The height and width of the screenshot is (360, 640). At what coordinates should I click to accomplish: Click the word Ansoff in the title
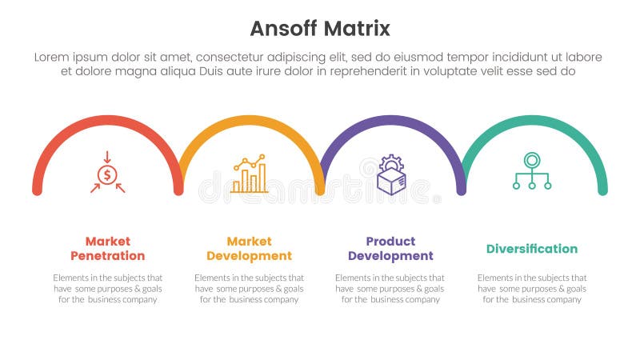pos(284,29)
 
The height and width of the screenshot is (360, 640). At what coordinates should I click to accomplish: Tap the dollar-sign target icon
pos(107,173)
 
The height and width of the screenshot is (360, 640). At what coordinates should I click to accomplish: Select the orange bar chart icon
pos(249,174)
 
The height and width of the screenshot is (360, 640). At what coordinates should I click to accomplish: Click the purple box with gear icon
pos(391,174)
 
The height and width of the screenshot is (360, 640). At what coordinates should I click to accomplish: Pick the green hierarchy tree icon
pos(532,170)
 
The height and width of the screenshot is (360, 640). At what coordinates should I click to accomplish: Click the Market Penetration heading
pos(107,249)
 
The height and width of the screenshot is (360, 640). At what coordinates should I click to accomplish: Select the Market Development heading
pos(249,249)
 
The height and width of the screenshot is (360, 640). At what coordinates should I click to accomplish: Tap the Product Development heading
pos(390,249)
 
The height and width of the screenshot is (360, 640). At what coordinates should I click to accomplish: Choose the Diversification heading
pos(532,249)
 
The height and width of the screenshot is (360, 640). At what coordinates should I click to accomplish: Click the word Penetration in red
pos(107,256)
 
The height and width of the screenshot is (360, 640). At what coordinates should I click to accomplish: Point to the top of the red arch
pos(107,120)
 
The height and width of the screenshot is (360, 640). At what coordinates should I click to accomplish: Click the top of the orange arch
pos(250,120)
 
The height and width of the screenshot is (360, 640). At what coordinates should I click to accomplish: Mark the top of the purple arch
pos(392,120)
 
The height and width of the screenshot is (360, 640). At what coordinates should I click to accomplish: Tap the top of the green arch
pos(534,120)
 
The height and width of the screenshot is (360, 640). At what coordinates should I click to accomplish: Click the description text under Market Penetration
pos(107,288)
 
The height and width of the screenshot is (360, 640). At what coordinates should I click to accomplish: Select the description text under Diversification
pos(532,288)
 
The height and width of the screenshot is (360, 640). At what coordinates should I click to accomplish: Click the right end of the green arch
pos(602,190)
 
